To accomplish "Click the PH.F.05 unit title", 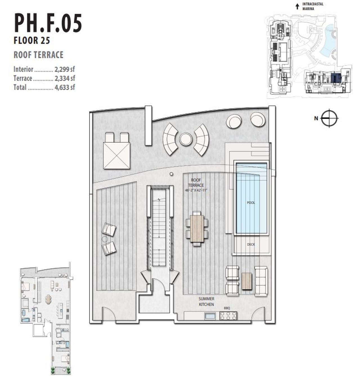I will (x=48, y=23).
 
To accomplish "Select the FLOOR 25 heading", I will (x=32, y=41).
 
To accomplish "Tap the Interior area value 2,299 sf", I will (x=65, y=69).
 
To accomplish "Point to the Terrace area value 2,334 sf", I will (x=65, y=78).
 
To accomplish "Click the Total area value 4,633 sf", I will (x=65, y=87).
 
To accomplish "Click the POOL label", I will (x=251, y=203).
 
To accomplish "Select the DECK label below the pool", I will (x=251, y=244).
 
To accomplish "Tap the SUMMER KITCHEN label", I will (x=206, y=302).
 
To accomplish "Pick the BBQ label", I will (x=227, y=308).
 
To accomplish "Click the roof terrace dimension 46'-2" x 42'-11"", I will (x=196, y=190).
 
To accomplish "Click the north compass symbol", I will (x=329, y=118).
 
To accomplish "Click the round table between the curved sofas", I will (x=186, y=139).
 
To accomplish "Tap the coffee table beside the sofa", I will (x=247, y=281).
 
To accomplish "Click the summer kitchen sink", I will (x=210, y=316).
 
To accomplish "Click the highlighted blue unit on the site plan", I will (x=336, y=78).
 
